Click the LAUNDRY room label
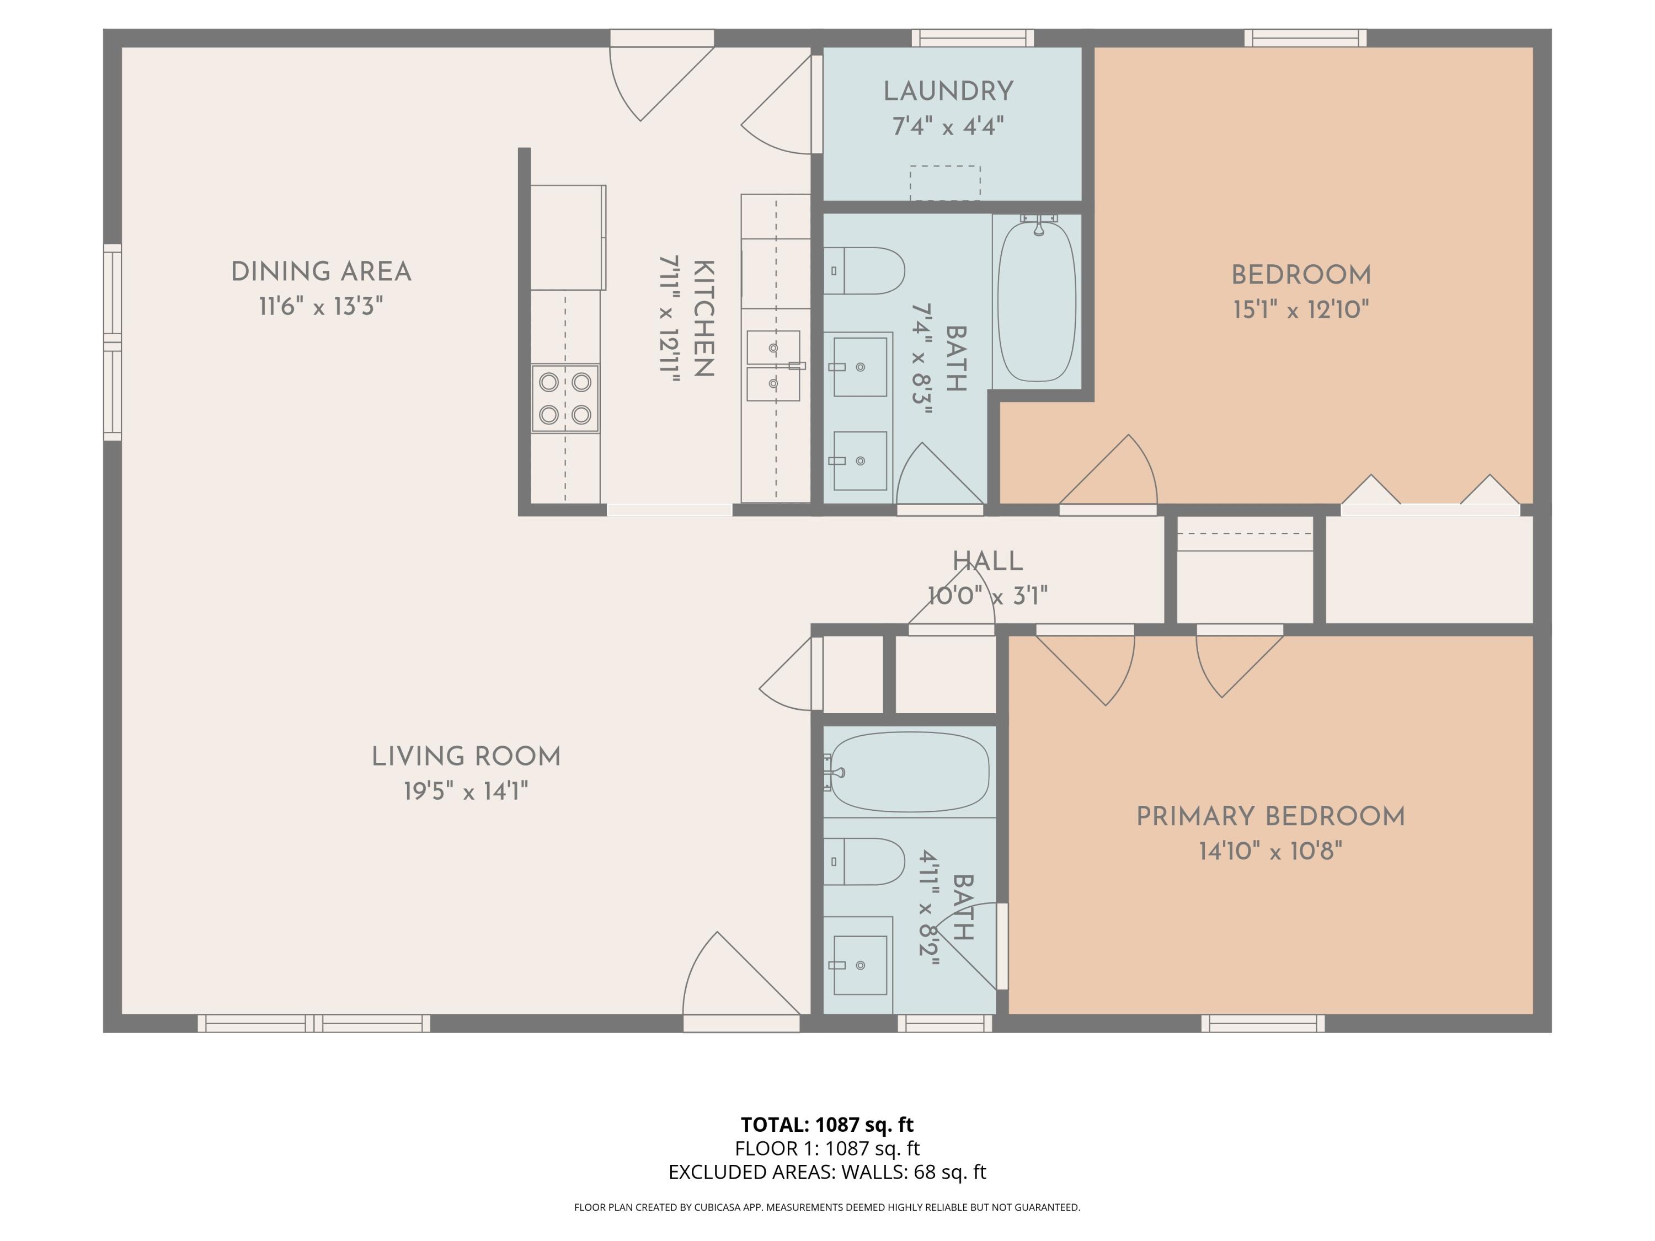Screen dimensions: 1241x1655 (948, 91)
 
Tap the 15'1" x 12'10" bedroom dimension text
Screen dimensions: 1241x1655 (1300, 309)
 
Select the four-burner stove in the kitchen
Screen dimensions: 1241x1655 (565, 398)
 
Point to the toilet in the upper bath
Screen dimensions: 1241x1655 (864, 271)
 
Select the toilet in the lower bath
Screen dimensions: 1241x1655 (863, 862)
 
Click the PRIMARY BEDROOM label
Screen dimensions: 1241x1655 (1270, 816)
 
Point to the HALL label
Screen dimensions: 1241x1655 (987, 561)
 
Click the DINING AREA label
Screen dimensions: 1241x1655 (321, 271)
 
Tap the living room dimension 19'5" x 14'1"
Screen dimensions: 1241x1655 (466, 791)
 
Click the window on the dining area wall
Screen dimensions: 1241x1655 (112, 342)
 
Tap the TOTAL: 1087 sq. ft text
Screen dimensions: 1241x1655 (827, 1124)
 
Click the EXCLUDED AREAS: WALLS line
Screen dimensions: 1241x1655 (827, 1172)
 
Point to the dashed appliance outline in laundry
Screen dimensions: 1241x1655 (945, 183)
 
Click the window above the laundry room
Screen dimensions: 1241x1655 (973, 38)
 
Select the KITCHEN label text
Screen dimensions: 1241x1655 (703, 318)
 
